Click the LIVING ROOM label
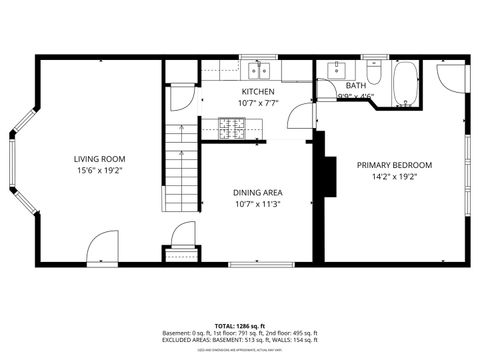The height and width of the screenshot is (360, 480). (99, 158)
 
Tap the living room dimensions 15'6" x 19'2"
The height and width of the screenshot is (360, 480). (99, 171)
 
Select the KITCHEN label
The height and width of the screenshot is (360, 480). (257, 91)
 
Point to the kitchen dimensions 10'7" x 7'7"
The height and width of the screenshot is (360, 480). (257, 103)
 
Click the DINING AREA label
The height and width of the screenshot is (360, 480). (257, 192)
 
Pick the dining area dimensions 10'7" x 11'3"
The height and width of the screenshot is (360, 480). (257, 205)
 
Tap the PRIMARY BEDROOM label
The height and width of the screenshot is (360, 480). (394, 164)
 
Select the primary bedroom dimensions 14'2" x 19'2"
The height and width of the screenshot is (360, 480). (394, 177)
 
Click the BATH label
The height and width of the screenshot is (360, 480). (356, 86)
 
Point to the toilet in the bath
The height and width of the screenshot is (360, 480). (374, 73)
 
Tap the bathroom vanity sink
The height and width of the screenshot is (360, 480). (336, 70)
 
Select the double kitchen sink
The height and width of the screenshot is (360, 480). (261, 70)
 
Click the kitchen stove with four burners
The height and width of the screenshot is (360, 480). (233, 126)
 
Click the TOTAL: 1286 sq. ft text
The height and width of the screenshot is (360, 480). (239, 326)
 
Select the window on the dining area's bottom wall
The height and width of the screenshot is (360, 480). (246, 264)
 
